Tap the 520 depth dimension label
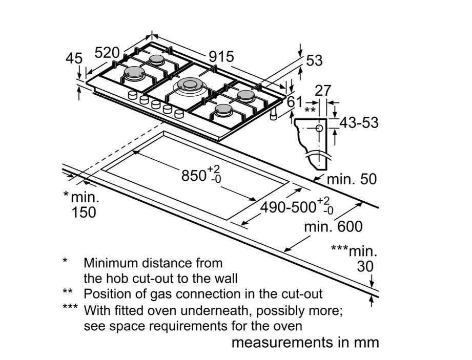click(107, 53)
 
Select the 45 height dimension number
click(74, 58)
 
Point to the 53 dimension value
click(314, 60)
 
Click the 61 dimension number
click(295, 102)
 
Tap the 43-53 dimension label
click(359, 123)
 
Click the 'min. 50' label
click(352, 179)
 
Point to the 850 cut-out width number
click(194, 176)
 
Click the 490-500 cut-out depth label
click(288, 207)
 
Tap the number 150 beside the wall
click(84, 211)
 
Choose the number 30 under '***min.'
click(365, 266)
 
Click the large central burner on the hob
click(189, 86)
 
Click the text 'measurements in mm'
click(305, 342)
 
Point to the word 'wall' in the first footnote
click(226, 279)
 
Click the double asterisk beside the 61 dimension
click(310, 110)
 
